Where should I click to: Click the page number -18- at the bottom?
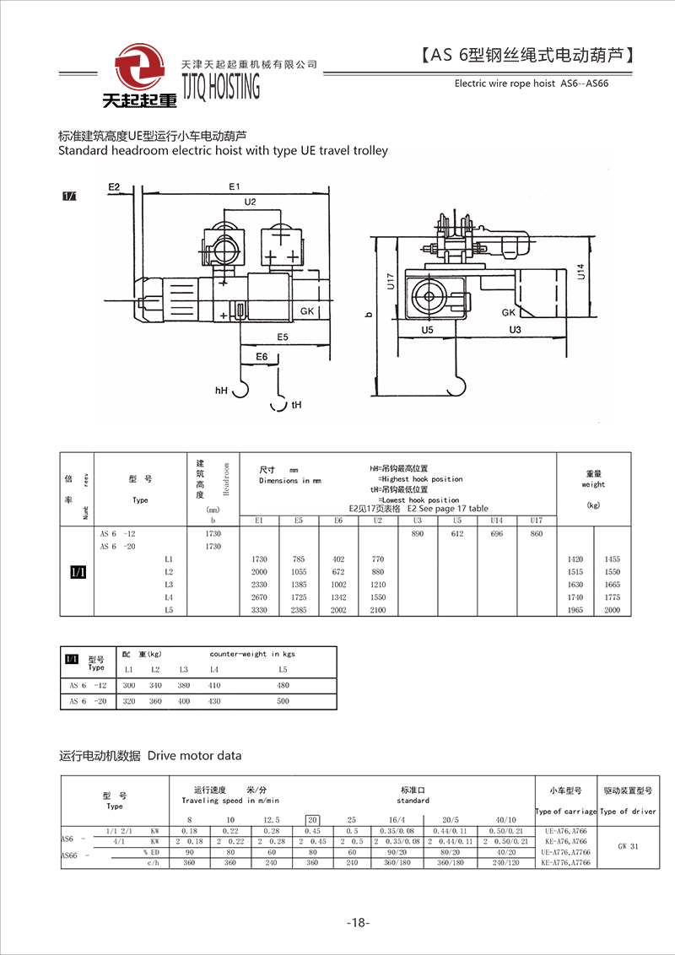click(x=358, y=923)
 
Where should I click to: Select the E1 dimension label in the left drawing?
click(x=235, y=186)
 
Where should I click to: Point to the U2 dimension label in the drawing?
click(x=250, y=202)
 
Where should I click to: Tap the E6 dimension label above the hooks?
click(x=262, y=358)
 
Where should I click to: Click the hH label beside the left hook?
click(x=222, y=391)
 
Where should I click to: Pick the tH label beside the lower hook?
click(x=296, y=405)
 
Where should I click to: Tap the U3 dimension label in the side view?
click(x=516, y=329)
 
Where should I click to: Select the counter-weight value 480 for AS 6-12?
click(x=283, y=685)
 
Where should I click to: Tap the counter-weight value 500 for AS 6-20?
click(x=283, y=701)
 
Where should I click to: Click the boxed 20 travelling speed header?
click(x=312, y=819)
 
